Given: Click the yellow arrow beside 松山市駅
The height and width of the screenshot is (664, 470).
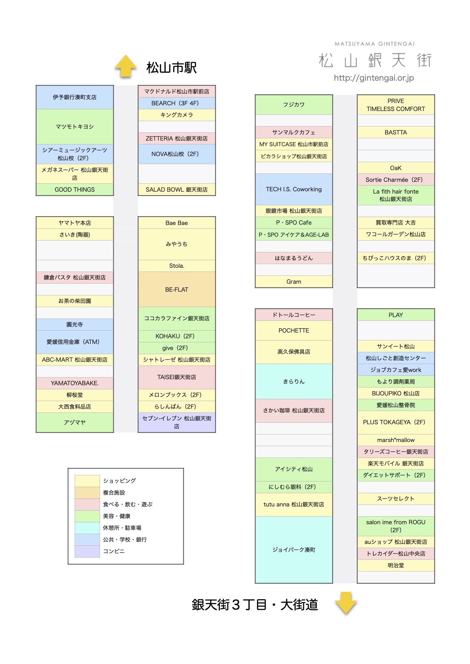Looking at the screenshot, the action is (126, 66).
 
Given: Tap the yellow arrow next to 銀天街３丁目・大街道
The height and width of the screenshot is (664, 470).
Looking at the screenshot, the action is (346, 603).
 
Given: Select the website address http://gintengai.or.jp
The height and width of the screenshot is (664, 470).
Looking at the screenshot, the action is (374, 78).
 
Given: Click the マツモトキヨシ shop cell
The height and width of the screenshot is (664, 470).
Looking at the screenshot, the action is (75, 127).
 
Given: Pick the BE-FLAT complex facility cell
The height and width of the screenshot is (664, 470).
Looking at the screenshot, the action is (177, 289).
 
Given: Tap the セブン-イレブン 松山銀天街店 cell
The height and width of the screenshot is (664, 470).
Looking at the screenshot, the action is (177, 422).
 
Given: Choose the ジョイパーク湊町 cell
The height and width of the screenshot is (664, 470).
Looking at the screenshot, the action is (294, 550).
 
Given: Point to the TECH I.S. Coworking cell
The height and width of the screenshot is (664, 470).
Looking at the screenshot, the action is (294, 189).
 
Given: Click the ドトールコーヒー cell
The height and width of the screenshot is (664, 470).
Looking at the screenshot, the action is (294, 315).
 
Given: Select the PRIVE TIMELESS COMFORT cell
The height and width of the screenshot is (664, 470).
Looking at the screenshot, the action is (396, 105).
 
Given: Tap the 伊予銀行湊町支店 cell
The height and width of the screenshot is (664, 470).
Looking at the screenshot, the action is (75, 97).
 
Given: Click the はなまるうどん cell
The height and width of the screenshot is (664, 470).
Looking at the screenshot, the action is (294, 258).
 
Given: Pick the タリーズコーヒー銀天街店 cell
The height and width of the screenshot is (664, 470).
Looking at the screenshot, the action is (396, 452).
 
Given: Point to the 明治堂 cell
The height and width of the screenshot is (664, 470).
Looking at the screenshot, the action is (396, 565).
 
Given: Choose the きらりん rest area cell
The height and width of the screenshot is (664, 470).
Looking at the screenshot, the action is (294, 381).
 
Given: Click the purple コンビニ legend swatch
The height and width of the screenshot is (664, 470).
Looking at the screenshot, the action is (87, 552).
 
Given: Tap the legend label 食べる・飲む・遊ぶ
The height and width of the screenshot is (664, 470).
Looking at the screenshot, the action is (128, 505).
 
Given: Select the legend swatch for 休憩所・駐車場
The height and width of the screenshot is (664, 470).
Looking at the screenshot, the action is (87, 528).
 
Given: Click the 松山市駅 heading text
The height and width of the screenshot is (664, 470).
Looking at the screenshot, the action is (171, 68).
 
